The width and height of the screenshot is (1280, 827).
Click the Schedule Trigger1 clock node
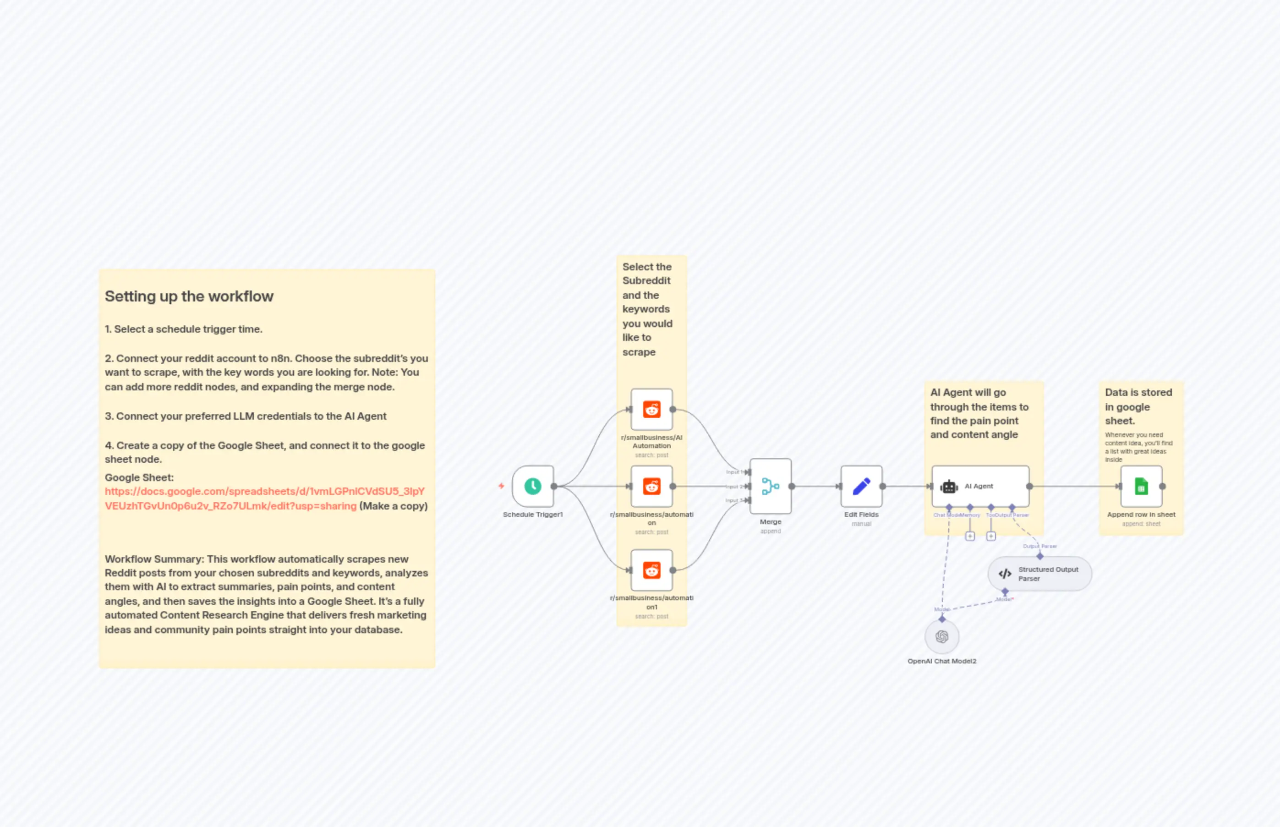pos(533,486)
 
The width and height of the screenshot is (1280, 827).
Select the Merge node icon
pos(770,486)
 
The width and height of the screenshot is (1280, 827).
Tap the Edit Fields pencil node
pos(861,486)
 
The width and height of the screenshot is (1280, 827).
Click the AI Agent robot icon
pos(949,487)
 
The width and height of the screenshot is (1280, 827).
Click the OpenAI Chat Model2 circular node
pos(942,637)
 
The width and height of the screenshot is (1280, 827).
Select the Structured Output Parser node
pos(1039,574)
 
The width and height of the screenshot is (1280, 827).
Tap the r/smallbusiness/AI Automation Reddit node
pos(651,409)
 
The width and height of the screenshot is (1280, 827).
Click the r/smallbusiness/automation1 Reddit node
pos(651,570)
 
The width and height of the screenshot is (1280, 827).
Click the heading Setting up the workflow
pos(189,296)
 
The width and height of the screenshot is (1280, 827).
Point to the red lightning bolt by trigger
pos(501,486)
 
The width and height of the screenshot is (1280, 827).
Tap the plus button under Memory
pos(970,536)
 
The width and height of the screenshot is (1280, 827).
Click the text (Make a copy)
pos(393,506)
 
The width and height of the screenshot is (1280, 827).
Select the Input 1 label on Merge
pos(733,472)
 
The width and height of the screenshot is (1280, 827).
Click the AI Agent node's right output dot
pos(1029,486)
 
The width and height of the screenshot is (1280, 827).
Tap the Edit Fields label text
pos(861,515)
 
